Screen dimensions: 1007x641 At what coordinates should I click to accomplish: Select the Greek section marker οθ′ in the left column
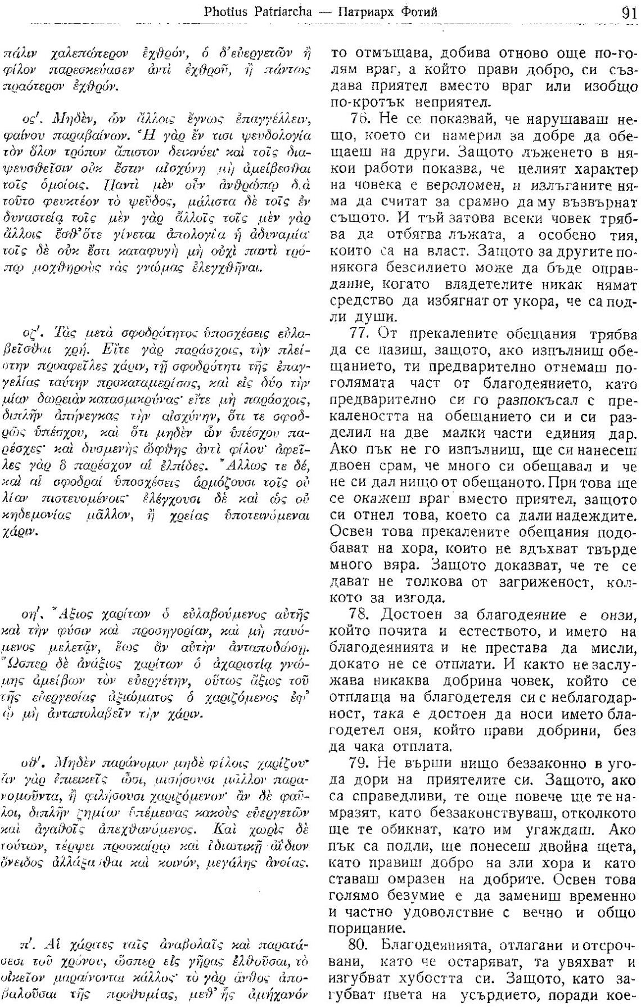tap(31, 767)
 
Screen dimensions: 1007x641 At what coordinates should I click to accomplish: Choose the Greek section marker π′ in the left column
tap(26, 946)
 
